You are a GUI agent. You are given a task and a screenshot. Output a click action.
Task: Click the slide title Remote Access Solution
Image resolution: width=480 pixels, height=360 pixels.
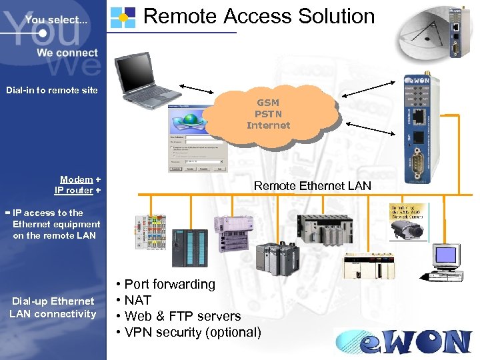tap(259, 16)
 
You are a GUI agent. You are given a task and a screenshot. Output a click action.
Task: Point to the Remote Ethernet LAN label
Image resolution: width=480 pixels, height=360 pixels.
tap(312, 186)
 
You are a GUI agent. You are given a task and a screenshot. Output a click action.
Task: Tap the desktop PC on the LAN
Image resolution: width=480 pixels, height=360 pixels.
tap(446, 261)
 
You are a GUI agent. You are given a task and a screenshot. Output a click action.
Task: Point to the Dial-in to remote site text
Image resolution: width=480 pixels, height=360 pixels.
tap(52, 90)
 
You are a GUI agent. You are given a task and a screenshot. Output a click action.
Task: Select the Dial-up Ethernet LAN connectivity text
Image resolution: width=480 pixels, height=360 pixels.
tap(53, 307)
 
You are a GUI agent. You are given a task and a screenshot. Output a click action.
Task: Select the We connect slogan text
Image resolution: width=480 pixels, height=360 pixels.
tap(67, 53)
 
